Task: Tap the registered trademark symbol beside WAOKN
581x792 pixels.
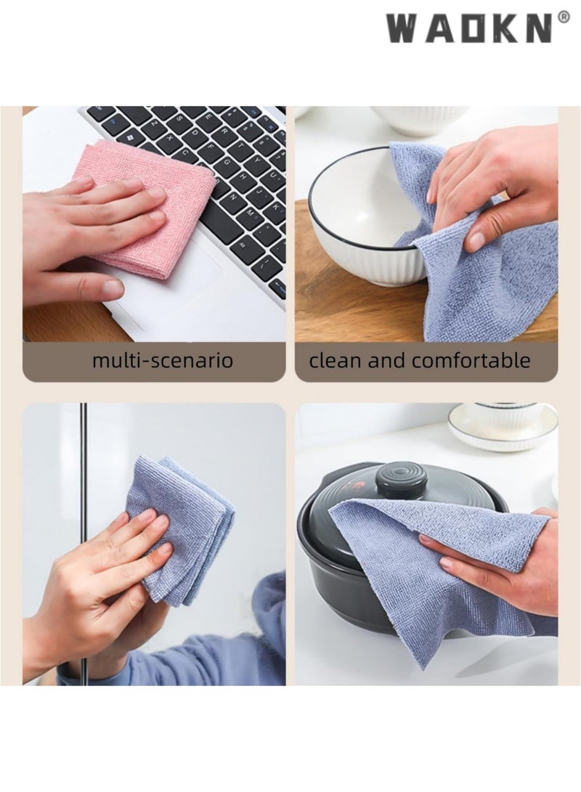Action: [564, 17]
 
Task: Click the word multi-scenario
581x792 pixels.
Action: [163, 360]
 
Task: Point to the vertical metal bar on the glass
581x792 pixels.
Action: [84, 465]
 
